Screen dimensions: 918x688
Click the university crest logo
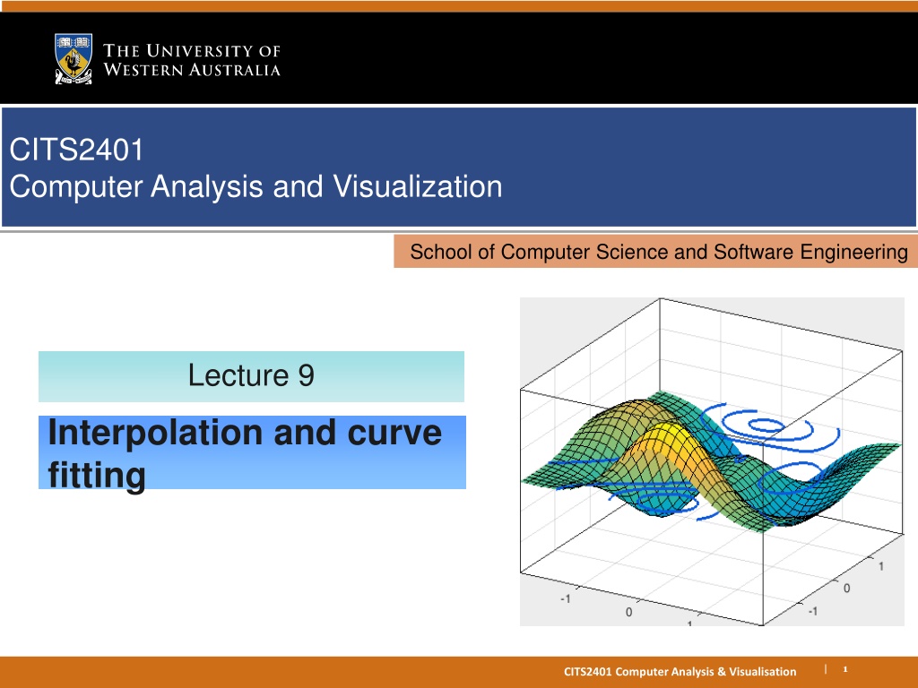(74, 59)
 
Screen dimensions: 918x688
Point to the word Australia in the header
(234, 70)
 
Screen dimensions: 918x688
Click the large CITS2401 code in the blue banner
(76, 150)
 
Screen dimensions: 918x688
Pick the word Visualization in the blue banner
(418, 186)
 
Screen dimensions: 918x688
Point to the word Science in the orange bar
(631, 252)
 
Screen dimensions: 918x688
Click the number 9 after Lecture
(307, 375)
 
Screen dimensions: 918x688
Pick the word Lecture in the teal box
(238, 375)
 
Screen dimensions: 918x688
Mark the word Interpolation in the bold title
(155, 434)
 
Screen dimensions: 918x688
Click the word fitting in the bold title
(97, 475)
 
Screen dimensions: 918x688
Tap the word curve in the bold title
(394, 434)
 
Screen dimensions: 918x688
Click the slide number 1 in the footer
(844, 668)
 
